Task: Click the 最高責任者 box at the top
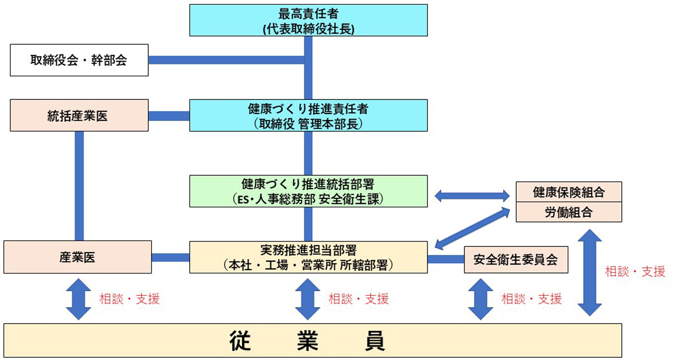coord(308,21)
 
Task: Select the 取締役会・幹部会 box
coord(79,60)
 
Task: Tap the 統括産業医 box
coord(79,116)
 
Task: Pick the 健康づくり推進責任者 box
coord(308,116)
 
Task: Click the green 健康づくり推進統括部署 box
coord(308,192)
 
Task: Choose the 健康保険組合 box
coord(568,192)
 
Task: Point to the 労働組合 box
coord(568,212)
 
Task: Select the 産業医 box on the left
coord(78,257)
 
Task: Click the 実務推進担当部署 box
coord(308,257)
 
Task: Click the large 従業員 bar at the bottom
coord(312,340)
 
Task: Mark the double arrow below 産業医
coord(79,299)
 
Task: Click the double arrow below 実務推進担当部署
coord(308,299)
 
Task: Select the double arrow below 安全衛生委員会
coord(481,299)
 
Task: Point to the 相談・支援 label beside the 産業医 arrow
coord(129,299)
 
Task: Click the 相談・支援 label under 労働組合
coord(635,272)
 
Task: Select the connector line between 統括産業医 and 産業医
coord(79,185)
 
